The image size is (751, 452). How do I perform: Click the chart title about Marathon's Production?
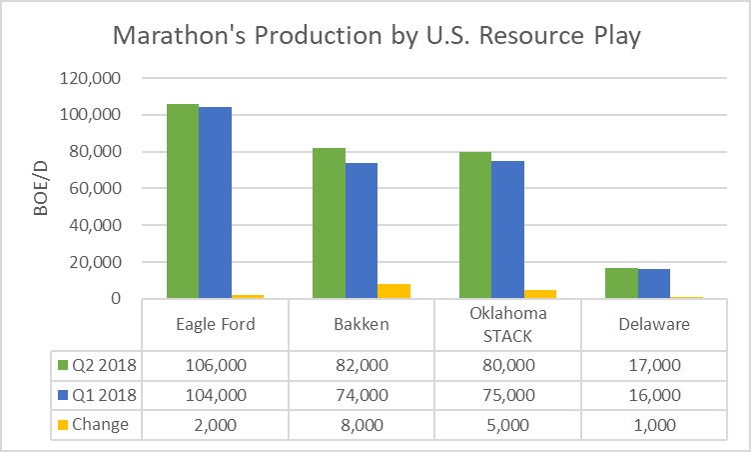pos(375,36)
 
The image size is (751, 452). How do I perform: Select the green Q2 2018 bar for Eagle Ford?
pos(182,201)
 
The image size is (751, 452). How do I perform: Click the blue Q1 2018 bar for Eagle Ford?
pos(215,203)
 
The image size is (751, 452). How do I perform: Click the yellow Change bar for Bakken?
pos(393,291)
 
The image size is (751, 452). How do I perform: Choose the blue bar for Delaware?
pos(654,283)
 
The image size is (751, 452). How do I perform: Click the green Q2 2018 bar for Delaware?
pos(621,282)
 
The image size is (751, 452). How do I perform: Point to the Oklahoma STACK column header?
pos(507,323)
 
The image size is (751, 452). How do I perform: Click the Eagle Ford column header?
pos(215,324)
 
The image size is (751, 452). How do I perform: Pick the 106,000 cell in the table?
pos(215,366)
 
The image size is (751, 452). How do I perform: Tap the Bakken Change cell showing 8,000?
pos(362,424)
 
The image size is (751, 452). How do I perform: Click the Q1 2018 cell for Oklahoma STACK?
pos(507,395)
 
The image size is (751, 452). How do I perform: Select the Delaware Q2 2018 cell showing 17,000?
pos(654,366)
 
